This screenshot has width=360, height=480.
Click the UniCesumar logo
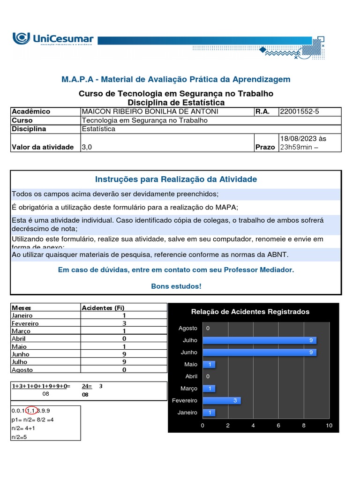pyautogui.click(x=53, y=39)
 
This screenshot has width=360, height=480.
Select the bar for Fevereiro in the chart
pyautogui.click(x=221, y=400)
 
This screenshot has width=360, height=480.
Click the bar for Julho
pyautogui.click(x=259, y=340)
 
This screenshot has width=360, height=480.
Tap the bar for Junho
pyautogui.click(x=259, y=352)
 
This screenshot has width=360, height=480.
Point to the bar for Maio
pyautogui.click(x=209, y=364)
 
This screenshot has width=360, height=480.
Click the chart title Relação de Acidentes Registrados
pyautogui.click(x=250, y=312)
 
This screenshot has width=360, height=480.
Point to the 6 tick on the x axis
pyautogui.click(x=278, y=426)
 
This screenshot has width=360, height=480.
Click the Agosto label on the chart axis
pyautogui.click(x=188, y=328)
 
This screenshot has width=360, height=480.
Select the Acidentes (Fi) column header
pyautogui.click(x=103, y=307)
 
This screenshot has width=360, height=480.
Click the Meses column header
pyautogui.click(x=21, y=307)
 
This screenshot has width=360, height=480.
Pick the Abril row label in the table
pyautogui.click(x=19, y=338)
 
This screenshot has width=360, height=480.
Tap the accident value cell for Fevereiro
pyautogui.click(x=124, y=323)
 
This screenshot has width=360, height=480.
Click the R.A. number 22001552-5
pyautogui.click(x=299, y=112)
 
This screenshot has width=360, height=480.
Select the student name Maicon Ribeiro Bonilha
pyautogui.click(x=143, y=112)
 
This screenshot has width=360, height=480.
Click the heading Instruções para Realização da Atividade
pyautogui.click(x=176, y=179)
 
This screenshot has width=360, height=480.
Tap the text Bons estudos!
pyautogui.click(x=176, y=286)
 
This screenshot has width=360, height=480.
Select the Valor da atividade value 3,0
pyautogui.click(x=87, y=147)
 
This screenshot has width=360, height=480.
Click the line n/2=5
pyautogui.click(x=20, y=437)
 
